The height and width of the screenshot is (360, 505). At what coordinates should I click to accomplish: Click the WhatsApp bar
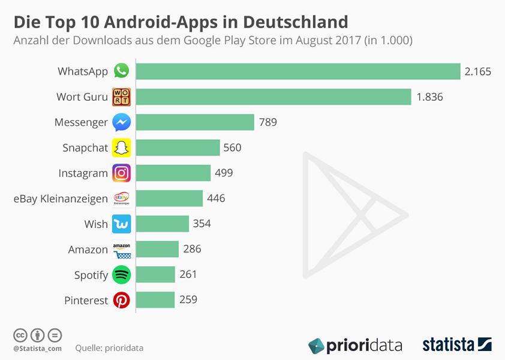[298, 71]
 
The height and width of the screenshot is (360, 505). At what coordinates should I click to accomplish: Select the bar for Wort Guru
[273, 97]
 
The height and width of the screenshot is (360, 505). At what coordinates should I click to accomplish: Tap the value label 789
[267, 122]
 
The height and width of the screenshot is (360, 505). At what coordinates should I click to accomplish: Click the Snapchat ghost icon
[122, 148]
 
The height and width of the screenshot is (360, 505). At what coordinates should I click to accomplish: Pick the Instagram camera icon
[122, 173]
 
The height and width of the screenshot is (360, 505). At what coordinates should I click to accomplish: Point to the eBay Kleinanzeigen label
[61, 199]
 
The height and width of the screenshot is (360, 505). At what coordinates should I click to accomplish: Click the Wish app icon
[122, 224]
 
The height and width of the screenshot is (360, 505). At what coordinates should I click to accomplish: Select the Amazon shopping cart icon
[122, 250]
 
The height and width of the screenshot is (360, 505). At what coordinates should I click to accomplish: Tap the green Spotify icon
[122, 275]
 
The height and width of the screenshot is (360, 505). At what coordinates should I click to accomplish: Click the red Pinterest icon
[122, 300]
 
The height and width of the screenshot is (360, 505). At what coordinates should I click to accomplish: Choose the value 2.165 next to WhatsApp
[477, 71]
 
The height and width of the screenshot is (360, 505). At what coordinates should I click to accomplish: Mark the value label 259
[188, 299]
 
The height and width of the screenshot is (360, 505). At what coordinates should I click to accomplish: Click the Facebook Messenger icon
[122, 122]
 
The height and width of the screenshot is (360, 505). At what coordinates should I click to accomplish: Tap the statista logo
[456, 345]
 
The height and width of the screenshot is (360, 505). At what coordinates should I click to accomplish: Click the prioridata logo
[355, 346]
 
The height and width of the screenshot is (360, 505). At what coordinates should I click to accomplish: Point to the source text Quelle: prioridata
[109, 348]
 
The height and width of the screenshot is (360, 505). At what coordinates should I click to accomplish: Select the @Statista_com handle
[37, 348]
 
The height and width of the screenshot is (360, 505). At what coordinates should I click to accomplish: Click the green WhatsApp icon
[122, 71]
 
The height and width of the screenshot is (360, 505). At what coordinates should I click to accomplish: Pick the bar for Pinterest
[155, 300]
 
